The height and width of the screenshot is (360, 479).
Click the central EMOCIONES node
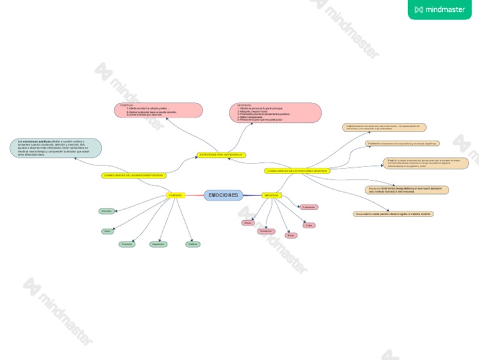pos(223,195)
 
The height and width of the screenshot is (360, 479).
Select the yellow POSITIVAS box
pos(175,195)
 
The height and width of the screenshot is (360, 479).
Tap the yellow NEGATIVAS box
pos(271,195)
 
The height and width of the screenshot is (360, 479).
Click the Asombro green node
pos(107,211)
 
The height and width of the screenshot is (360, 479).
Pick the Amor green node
pos(107,231)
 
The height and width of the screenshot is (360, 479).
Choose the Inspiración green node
pos(158,244)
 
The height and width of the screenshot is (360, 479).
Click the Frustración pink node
pos(308,207)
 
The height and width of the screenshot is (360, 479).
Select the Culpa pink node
pos(309,225)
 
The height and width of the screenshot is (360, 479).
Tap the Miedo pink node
pos(248,223)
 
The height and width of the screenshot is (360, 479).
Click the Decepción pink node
pos(266,231)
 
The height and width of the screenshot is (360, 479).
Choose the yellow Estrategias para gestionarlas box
pos(221,155)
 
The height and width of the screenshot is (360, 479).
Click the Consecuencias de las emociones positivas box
pos(133,175)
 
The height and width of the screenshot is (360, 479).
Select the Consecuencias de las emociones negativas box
pos(298,170)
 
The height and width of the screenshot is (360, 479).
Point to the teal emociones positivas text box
pos(56,148)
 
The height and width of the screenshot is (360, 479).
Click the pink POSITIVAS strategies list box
pos(158,110)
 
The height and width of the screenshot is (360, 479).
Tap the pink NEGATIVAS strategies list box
pos(275,112)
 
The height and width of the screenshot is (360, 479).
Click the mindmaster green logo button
pos(440,9)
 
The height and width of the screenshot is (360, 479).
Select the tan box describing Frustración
pos(402,144)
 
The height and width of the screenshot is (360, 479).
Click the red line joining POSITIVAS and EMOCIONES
pos(195,195)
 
